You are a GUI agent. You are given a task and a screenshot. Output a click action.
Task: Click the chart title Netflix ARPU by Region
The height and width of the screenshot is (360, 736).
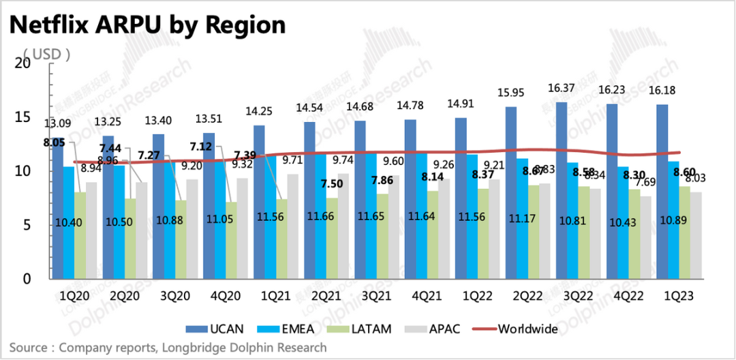[x=147, y=25]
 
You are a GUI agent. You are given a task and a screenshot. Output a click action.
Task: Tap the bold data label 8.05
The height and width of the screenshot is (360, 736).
[x=54, y=142]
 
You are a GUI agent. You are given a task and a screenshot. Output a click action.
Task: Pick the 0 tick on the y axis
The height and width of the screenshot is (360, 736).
[x=27, y=279]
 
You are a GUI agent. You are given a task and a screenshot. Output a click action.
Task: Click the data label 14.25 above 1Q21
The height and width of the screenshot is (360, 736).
[x=259, y=112]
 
